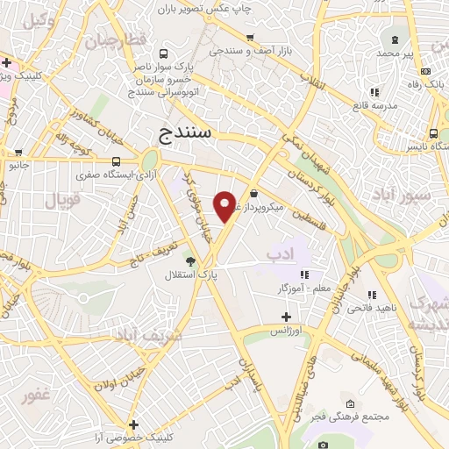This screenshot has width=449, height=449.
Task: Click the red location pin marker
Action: click(x=225, y=205)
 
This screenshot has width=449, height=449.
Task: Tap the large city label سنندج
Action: click(x=188, y=134)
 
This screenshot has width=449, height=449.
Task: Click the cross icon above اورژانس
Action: click(x=284, y=317)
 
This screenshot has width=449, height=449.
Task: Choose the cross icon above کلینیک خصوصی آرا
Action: click(x=133, y=424)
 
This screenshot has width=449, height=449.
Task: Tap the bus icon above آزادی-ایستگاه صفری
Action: click(x=117, y=161)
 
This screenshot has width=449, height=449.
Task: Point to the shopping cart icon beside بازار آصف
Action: click(x=251, y=38)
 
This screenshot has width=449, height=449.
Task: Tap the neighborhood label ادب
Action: click(x=280, y=254)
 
